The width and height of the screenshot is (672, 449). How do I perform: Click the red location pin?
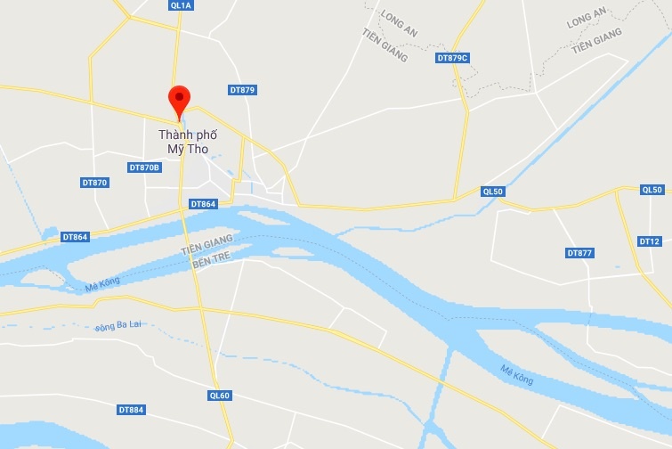click(x=180, y=101)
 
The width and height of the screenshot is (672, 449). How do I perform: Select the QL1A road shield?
click(x=180, y=5)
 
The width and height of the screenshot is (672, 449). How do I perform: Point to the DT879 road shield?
click(x=242, y=90)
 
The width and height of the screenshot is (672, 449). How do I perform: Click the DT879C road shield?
click(x=452, y=58)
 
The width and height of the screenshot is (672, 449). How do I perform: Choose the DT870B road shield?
click(x=144, y=167)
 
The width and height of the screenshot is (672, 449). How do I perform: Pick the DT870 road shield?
click(x=95, y=183)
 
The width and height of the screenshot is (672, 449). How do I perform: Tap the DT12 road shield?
click(x=650, y=241)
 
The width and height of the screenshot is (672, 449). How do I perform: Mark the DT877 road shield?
click(x=579, y=253)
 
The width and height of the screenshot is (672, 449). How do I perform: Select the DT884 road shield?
click(x=131, y=410)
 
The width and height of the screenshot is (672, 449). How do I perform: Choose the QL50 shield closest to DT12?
click(x=652, y=190)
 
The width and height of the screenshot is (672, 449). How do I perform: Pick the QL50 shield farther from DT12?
click(x=492, y=192)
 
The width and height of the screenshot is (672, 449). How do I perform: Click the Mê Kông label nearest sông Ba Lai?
click(x=101, y=286)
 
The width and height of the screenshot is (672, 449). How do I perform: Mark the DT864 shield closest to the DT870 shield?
click(x=76, y=237)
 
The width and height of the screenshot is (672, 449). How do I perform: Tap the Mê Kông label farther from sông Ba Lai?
click(x=516, y=374)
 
